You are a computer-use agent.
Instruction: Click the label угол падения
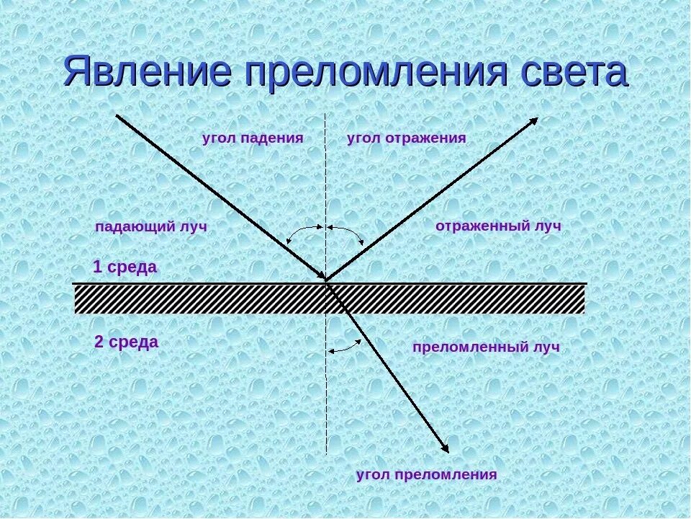(253, 138)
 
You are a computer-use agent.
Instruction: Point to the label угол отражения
(407, 138)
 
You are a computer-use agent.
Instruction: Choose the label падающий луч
(151, 227)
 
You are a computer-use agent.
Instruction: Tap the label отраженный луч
(498, 226)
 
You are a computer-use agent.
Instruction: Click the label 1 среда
(125, 267)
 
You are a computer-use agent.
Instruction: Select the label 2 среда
(127, 342)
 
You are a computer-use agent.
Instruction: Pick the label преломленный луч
(486, 347)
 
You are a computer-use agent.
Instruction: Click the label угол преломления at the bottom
(427, 474)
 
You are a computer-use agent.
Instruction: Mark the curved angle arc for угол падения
(303, 231)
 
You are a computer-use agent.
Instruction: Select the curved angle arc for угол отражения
(348, 232)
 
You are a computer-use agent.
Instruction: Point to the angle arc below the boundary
(344, 347)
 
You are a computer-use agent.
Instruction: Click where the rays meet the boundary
(327, 281)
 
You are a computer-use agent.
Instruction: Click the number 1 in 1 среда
(98, 267)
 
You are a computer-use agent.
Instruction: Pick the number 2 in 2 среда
(99, 342)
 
